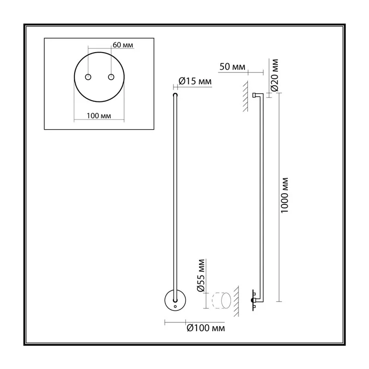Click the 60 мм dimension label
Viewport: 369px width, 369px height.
click(123, 45)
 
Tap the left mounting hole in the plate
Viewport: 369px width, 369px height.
click(88, 77)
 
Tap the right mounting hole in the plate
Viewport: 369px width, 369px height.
click(111, 77)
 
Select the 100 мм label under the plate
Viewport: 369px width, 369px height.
click(99, 116)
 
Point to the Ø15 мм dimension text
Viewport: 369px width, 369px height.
click(195, 82)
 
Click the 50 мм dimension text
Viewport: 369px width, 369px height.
click(232, 67)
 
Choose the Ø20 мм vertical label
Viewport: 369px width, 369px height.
click(274, 75)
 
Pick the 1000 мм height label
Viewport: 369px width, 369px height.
click(285, 195)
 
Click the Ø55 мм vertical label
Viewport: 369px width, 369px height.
click(202, 275)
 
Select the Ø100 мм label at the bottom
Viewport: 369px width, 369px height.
click(206, 328)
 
